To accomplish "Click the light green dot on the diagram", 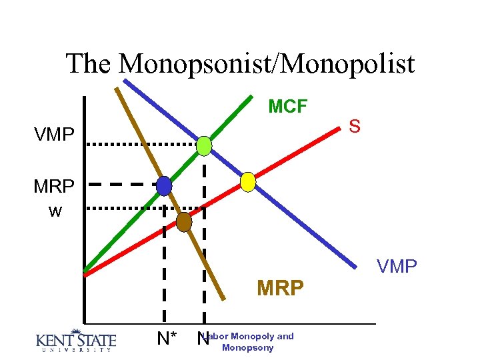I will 204,145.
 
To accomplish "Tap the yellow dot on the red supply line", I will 248,181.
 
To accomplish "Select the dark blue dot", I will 164,185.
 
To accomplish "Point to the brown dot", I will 183,222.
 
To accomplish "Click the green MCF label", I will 287,106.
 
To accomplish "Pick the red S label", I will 355,126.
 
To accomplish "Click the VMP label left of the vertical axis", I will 55,135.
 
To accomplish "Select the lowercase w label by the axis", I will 55,212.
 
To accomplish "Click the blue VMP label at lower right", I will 397,267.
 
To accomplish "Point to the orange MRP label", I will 281,288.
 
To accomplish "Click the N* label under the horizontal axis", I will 167,339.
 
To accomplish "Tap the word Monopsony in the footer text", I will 247,348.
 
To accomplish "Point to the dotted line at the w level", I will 127,208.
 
